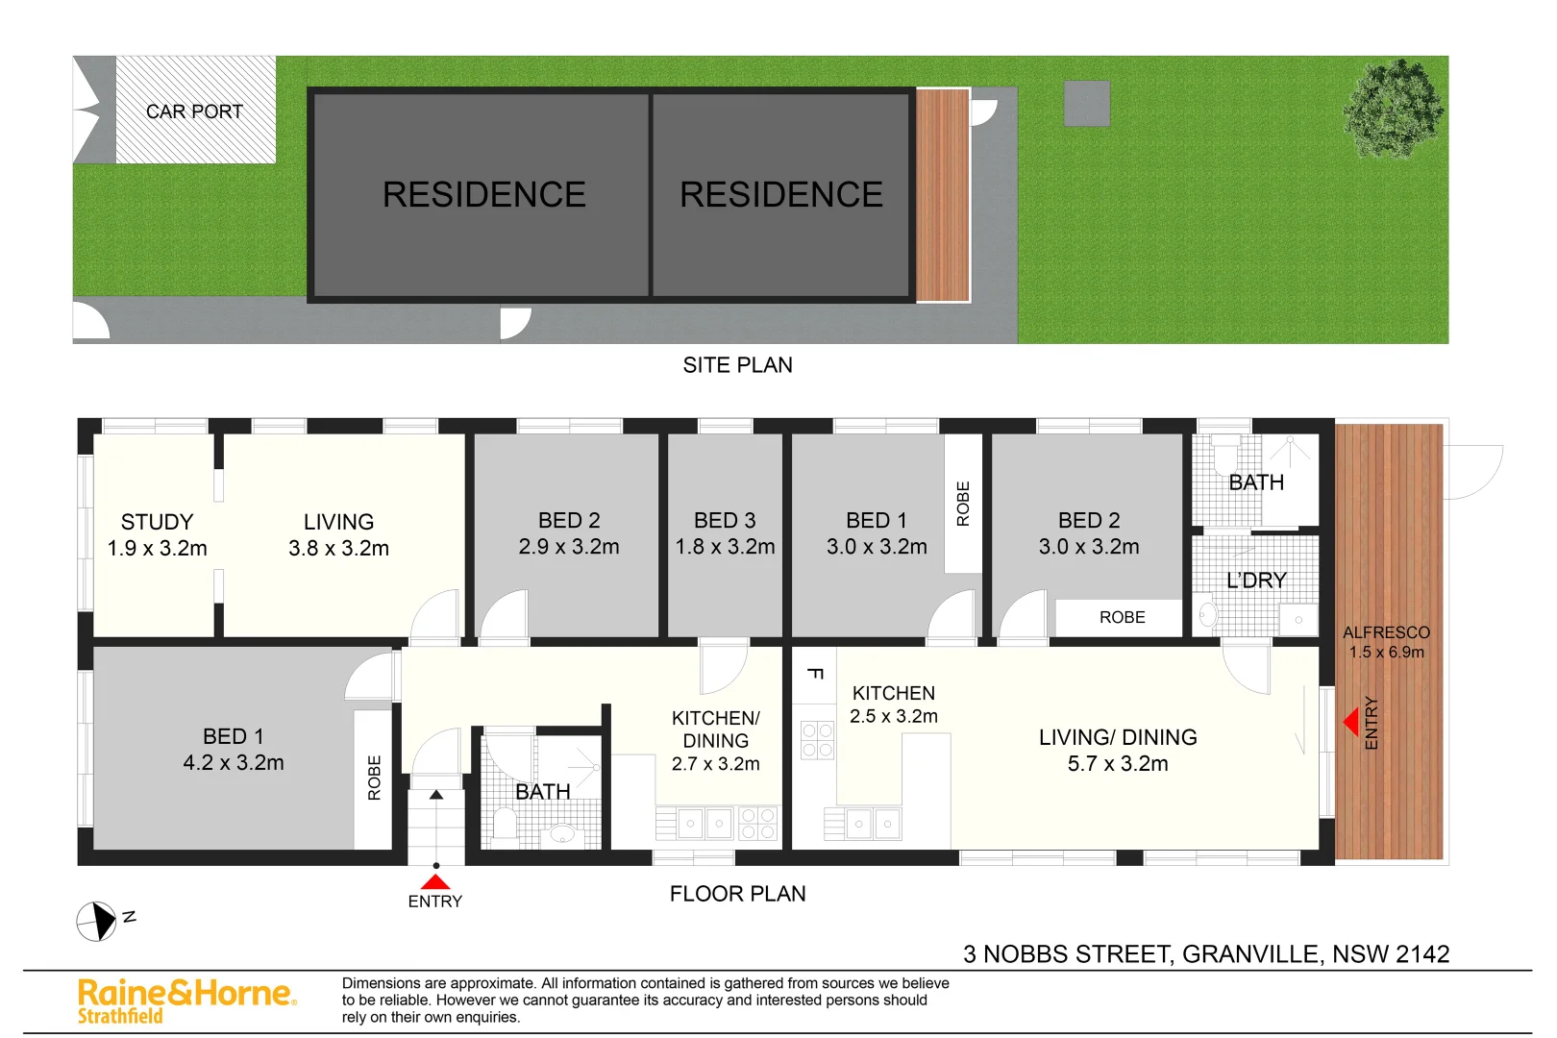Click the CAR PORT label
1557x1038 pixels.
click(x=194, y=111)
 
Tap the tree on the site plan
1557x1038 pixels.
click(x=1393, y=107)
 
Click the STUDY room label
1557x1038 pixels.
click(x=157, y=522)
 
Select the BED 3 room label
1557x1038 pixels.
click(x=725, y=520)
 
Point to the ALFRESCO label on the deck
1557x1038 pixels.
click(x=1386, y=632)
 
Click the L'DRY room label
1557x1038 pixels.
click(x=1256, y=581)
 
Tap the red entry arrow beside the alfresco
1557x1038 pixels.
click(x=1350, y=721)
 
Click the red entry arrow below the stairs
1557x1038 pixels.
click(x=435, y=881)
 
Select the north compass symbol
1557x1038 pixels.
click(x=96, y=922)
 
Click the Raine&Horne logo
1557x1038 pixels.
click(x=186, y=993)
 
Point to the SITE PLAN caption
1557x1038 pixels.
click(x=737, y=365)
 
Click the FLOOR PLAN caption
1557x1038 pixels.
click(x=737, y=894)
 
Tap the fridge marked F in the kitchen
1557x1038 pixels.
click(x=814, y=674)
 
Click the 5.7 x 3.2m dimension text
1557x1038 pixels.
click(x=1118, y=764)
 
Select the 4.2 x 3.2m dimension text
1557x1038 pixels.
click(x=234, y=763)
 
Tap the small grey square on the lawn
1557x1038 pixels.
click(x=1087, y=104)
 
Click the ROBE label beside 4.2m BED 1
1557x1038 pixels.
click(x=374, y=778)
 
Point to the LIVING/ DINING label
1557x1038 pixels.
click(x=1118, y=737)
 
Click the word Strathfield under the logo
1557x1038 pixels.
click(x=120, y=1017)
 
